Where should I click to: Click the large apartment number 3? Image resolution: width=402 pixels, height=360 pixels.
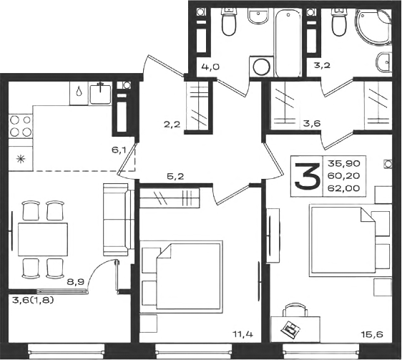click(x=307, y=176)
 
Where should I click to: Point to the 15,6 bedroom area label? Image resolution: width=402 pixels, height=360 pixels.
click(x=373, y=334)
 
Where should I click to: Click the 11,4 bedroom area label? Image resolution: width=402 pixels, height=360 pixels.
click(x=242, y=334)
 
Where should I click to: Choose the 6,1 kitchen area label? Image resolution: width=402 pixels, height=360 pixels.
click(x=119, y=150)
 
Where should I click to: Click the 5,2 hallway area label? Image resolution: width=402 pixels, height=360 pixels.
click(x=176, y=176)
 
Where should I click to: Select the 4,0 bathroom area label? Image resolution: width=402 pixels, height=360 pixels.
click(x=210, y=67)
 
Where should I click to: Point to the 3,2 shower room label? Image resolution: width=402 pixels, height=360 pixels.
click(x=323, y=65)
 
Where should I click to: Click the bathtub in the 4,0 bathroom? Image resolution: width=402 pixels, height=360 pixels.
click(x=288, y=42)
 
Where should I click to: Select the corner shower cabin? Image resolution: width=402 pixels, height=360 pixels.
click(x=374, y=27)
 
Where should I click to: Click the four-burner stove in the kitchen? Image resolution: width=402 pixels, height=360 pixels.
click(x=21, y=127)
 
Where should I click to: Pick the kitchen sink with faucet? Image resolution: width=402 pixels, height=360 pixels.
click(x=100, y=94)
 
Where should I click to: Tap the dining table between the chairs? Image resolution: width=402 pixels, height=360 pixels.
click(x=43, y=239)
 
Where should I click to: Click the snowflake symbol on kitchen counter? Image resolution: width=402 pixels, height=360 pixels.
click(x=20, y=160)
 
